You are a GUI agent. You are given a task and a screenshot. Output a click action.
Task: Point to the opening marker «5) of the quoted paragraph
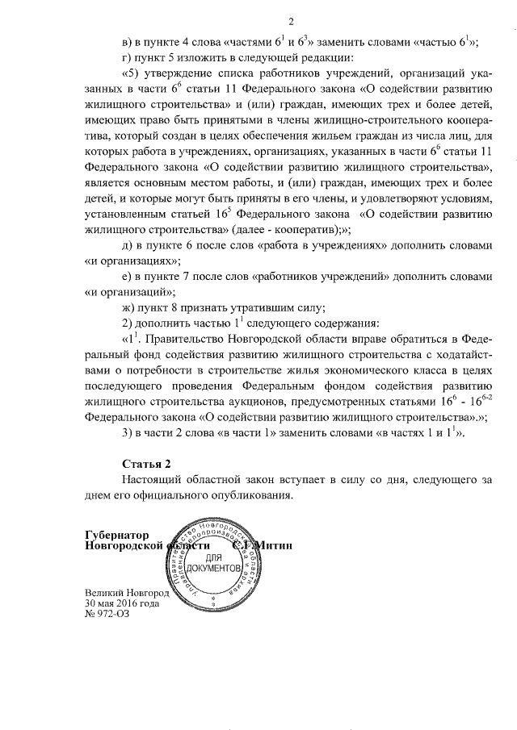(130, 73)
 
